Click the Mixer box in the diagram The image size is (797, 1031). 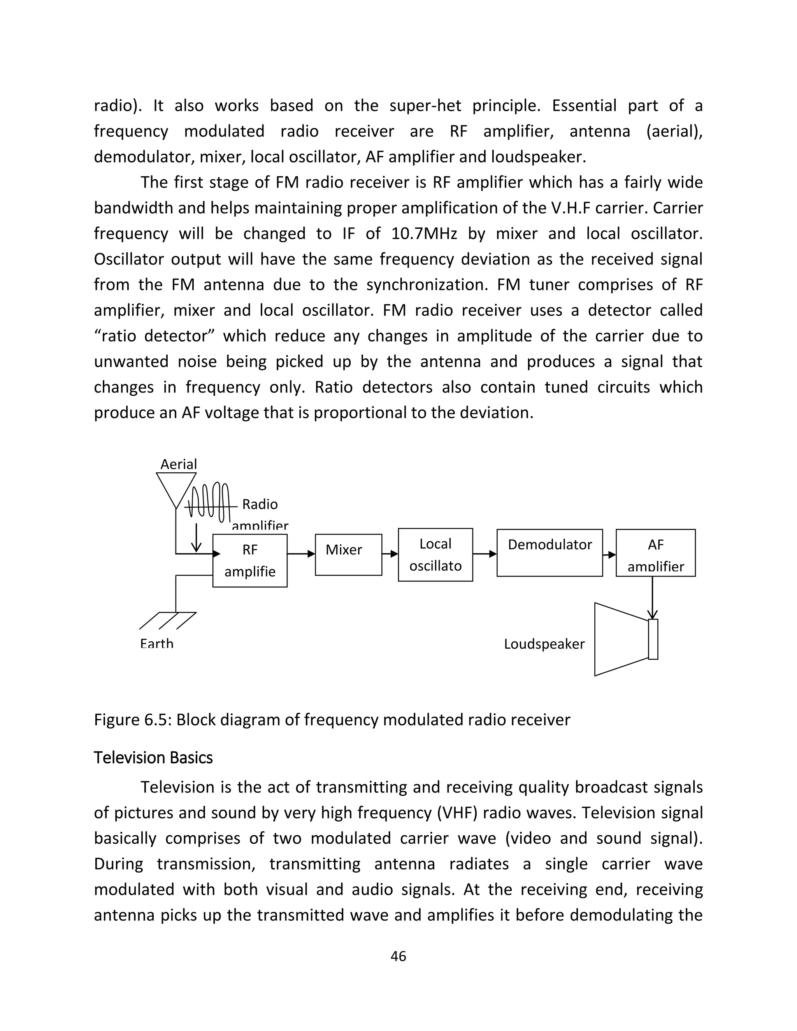point(348,555)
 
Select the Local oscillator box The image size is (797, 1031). point(435,555)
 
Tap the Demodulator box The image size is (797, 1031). point(549,553)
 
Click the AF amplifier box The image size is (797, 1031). point(655,553)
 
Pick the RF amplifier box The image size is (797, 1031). point(250,561)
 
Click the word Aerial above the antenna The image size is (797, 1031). point(179,465)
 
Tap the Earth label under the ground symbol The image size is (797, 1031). point(157,644)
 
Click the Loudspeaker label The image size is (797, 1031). point(544,644)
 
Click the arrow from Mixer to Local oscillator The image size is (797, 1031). point(390,554)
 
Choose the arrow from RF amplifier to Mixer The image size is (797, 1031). point(301,554)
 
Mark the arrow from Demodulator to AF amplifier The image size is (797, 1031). point(609,555)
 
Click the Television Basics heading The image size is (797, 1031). point(153,757)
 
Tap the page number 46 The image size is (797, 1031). point(398,956)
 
